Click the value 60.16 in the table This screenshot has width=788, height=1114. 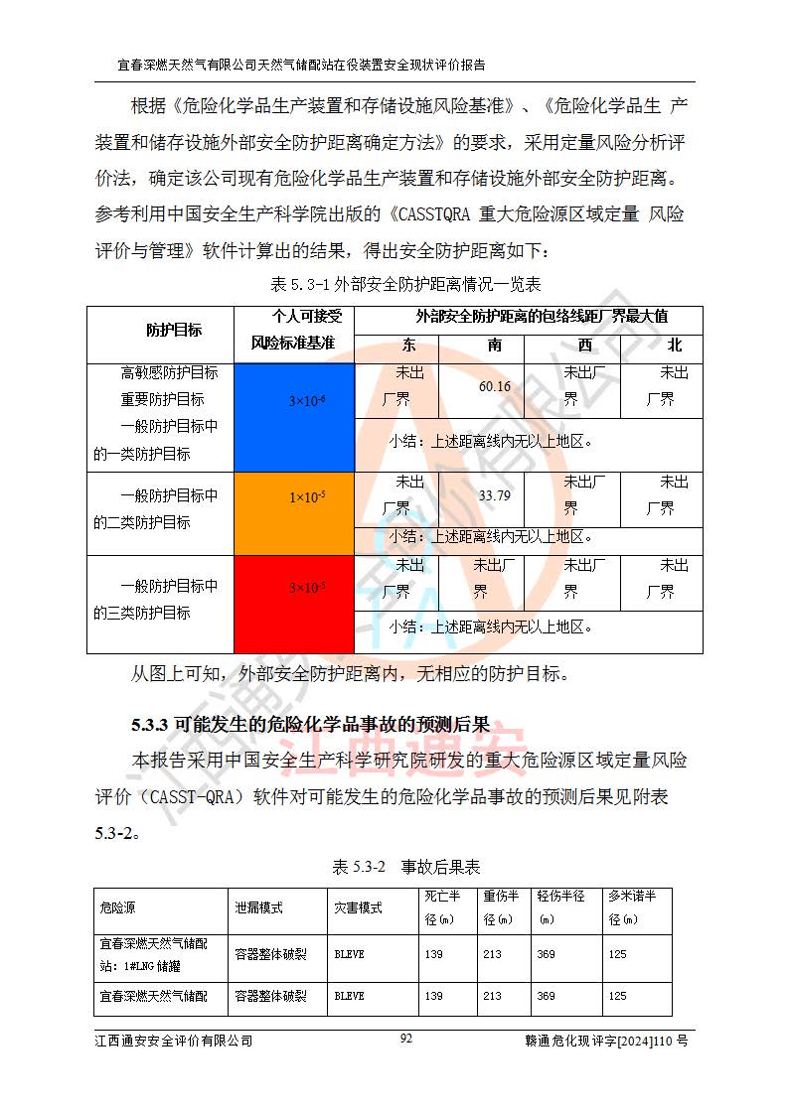pos(494,386)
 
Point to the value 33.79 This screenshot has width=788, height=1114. pos(494,495)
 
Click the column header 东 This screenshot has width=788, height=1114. pos(409,346)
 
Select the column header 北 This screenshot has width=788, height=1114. pos(675,346)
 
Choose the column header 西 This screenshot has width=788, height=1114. pos(584,346)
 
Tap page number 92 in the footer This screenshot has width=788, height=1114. pos(405,1039)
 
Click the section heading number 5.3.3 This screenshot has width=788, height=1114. pos(150,724)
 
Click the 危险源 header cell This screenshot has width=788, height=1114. pos(118,907)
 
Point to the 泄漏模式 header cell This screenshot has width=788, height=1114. pos(258,907)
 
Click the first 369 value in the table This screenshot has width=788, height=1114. pos(546,954)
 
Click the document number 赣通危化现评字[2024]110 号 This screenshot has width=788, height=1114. pos(606,1041)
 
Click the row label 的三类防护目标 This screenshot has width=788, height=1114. pos(142,613)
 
